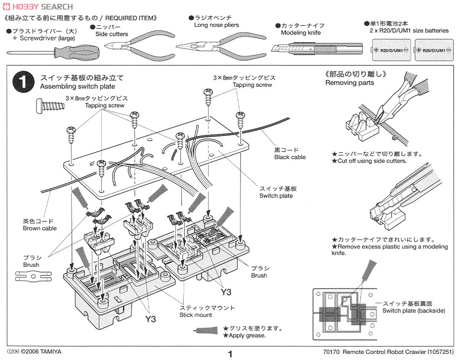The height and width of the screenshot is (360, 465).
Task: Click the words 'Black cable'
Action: coord(290,157)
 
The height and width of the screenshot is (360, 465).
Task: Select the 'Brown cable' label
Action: coord(39,228)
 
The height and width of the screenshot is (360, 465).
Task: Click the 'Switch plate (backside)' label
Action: coord(413,311)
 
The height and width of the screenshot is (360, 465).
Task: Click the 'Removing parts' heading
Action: coord(349,83)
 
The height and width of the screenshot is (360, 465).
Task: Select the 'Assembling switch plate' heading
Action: coord(77,86)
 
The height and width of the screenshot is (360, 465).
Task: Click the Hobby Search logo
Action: coord(38,7)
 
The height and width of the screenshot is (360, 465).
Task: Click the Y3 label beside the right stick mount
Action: coord(226,292)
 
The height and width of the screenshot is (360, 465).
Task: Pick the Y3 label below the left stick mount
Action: coord(150,319)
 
